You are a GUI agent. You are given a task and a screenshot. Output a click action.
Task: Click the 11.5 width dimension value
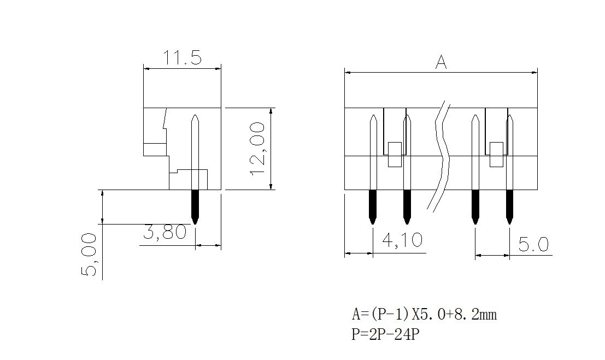click(183, 58)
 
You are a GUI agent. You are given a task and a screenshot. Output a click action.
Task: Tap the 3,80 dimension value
click(165, 233)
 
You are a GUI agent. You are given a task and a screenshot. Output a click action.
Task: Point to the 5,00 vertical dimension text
click(89, 255)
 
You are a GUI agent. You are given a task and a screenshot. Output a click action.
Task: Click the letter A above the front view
click(441, 62)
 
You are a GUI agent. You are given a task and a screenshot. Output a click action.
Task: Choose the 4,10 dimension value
click(402, 241)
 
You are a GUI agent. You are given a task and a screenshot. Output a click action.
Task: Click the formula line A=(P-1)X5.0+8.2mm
click(424, 315)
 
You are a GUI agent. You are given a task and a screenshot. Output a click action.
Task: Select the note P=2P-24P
click(385, 334)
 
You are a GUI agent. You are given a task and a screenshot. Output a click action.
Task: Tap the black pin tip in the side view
click(195, 206)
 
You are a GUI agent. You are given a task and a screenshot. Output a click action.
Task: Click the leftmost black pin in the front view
click(373, 206)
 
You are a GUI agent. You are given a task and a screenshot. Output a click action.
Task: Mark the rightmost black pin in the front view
click(509, 206)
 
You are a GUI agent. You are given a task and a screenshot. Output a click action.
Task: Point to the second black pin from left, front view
click(407, 206)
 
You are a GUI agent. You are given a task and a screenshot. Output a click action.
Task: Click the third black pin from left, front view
click(475, 206)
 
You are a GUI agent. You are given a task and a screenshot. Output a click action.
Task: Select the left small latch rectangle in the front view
click(395, 154)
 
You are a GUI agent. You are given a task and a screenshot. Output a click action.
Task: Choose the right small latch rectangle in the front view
click(496, 154)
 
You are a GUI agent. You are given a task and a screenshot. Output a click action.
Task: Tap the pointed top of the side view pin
click(195, 119)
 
